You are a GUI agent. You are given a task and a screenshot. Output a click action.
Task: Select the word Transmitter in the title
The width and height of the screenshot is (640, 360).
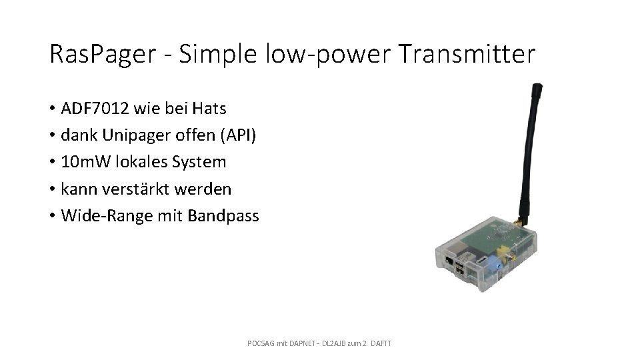pyautogui.click(x=467, y=53)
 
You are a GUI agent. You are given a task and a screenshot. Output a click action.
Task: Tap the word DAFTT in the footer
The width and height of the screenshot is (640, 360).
pyautogui.click(x=381, y=343)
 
